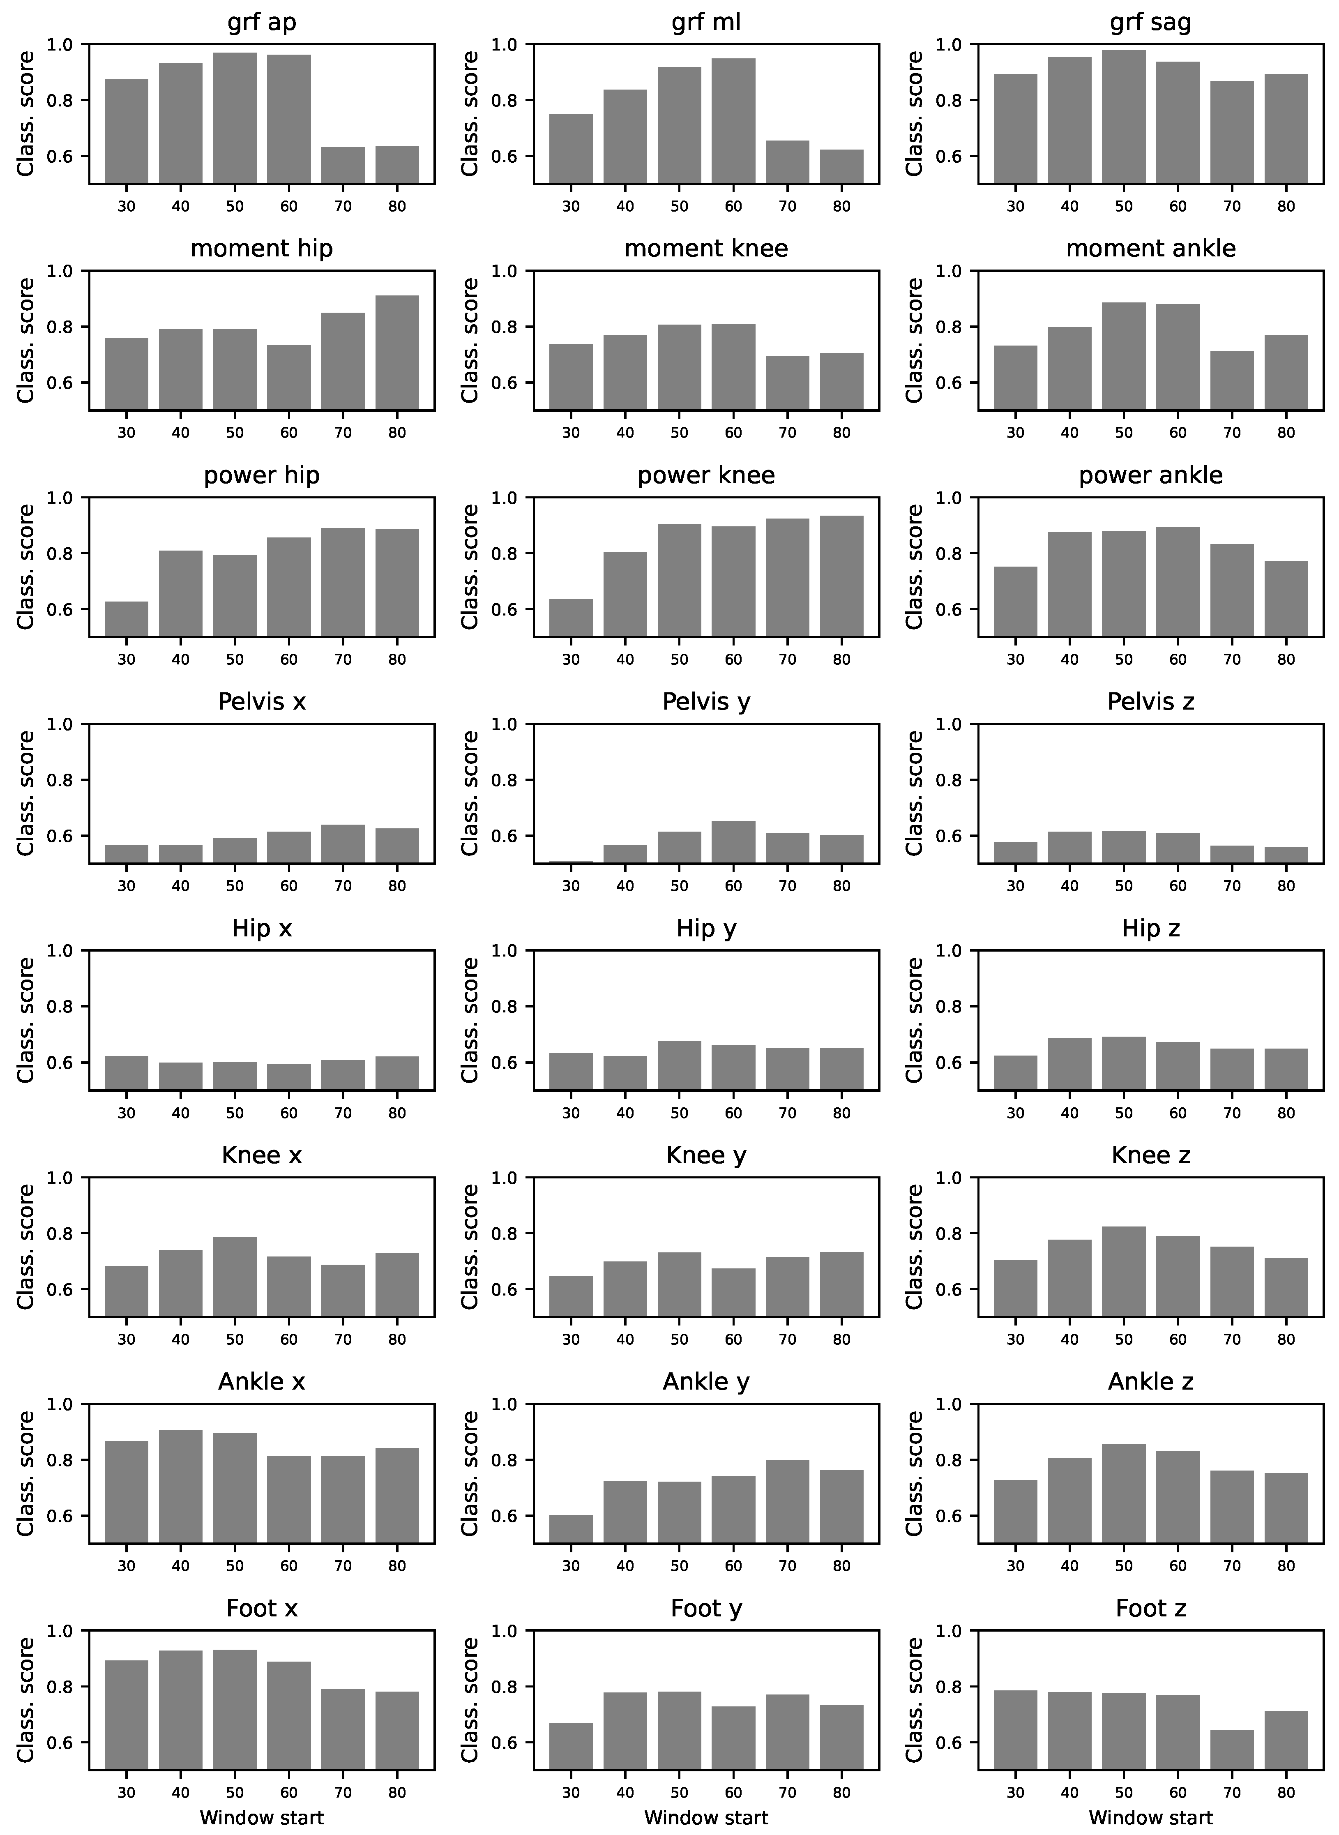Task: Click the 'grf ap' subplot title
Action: [x=262, y=22]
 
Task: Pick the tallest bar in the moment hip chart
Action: [x=397, y=353]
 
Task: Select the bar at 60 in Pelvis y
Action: [x=733, y=842]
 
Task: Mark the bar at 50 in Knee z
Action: [x=1123, y=1272]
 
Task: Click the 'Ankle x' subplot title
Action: [x=262, y=1381]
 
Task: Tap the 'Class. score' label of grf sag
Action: [x=915, y=113]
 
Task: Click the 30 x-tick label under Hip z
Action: [x=1016, y=1113]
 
